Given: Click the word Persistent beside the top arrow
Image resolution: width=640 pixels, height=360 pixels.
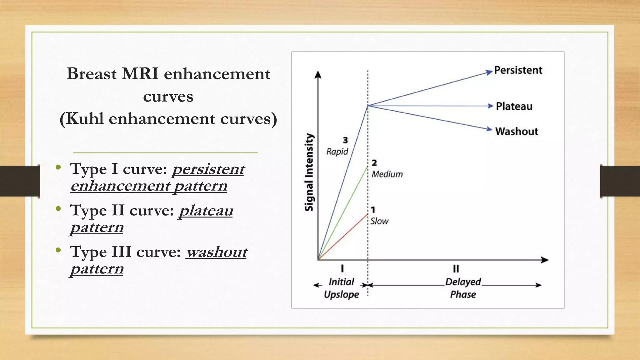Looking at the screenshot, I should pos(518,70).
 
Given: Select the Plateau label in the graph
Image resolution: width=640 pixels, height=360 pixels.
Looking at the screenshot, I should pos(514,107).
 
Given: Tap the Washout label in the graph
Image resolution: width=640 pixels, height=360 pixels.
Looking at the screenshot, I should pos(517,132).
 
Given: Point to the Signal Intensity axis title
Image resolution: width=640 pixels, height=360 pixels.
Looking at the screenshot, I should pos(309,172).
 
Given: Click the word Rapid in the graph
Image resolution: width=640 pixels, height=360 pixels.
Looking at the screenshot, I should pos(337,152).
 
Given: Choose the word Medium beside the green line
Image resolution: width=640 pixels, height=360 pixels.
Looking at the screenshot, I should pos(387,174).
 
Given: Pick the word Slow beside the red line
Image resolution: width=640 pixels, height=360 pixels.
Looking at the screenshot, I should pos(379,221).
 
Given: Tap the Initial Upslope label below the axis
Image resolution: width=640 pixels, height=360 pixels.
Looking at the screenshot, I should pos(341,288).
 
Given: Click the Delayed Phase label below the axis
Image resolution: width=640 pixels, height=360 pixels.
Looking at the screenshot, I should pos(463,288).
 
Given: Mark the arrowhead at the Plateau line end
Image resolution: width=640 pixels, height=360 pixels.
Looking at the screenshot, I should pos(490,106).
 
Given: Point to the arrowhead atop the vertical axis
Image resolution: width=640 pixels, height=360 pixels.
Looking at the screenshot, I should pos(318,74).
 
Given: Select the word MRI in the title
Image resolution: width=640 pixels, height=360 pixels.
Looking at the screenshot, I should pos(140,74).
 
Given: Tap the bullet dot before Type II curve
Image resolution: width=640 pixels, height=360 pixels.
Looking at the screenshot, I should pos(58,209).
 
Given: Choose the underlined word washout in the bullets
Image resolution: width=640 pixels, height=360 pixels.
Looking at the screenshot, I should pos(217,252).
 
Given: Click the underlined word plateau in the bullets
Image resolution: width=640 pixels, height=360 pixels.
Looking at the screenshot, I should pos(206,211).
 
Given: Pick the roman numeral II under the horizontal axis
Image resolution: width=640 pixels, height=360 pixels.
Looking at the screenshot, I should pos(456,269).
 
